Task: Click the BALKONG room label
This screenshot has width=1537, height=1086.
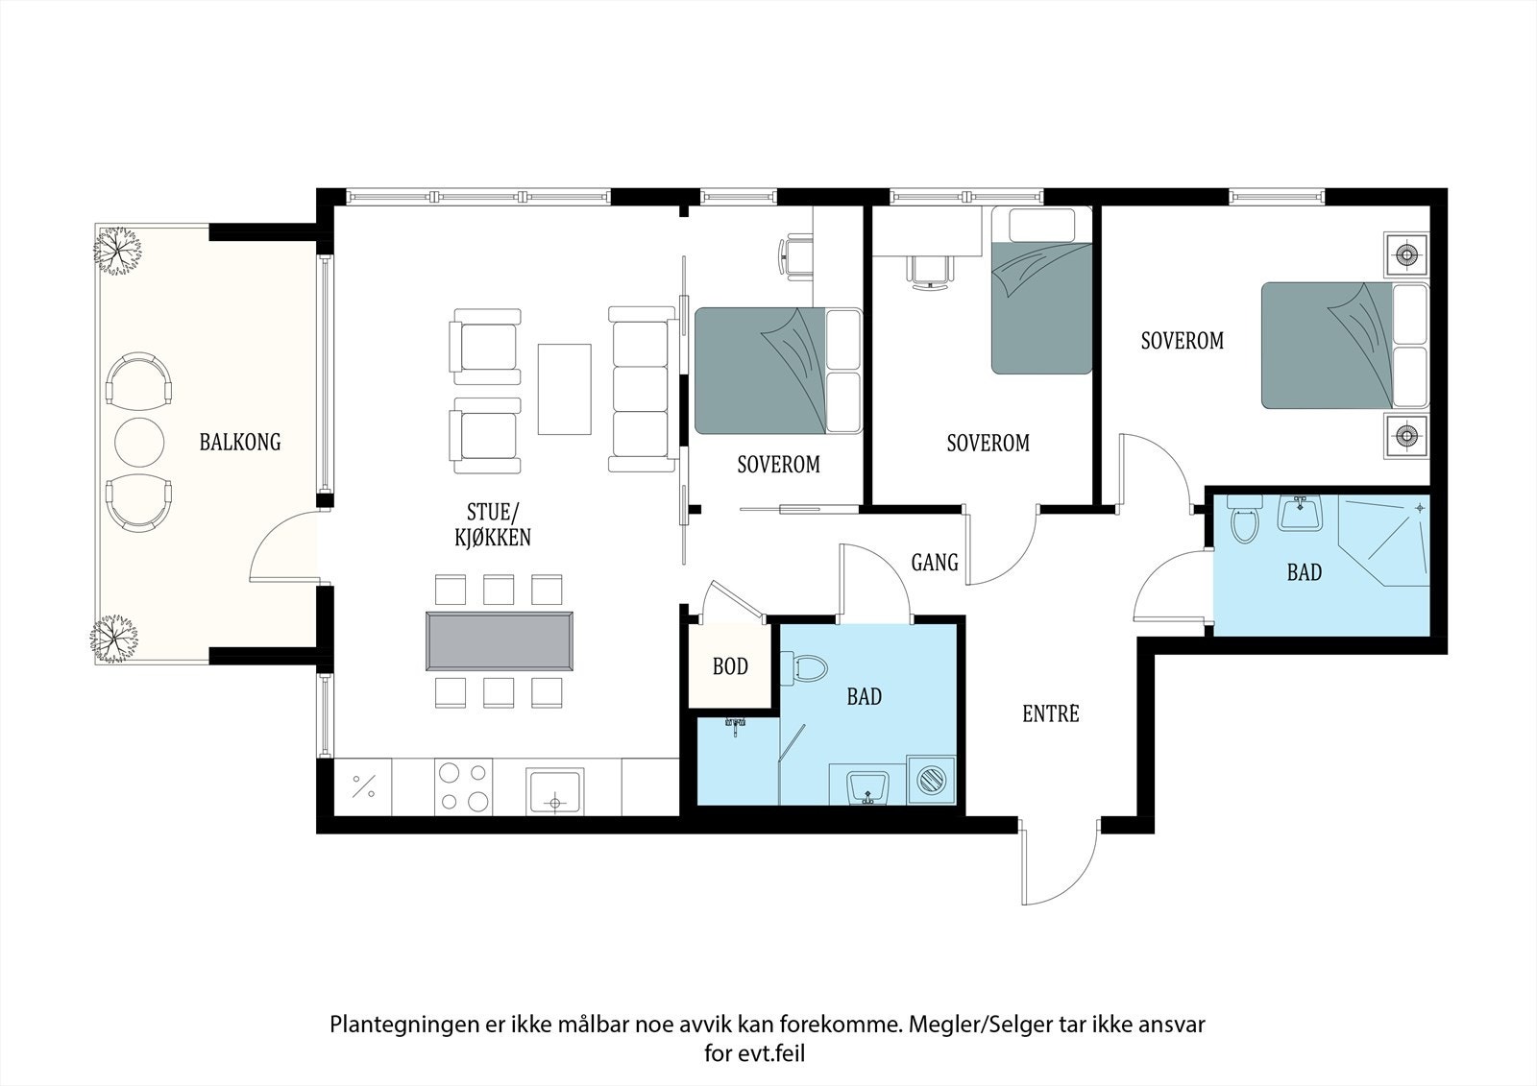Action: point(240,442)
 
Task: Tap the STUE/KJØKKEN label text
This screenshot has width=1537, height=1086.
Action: point(492,523)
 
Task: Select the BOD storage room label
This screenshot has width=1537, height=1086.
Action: point(730,666)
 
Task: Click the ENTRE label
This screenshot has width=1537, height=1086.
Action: point(1050,713)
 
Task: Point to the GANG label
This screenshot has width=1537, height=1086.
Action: point(934,562)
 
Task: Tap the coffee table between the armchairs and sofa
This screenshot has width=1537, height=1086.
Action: point(564,389)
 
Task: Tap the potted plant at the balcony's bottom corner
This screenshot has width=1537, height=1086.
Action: point(115,637)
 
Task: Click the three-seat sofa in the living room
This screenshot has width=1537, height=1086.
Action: point(641,389)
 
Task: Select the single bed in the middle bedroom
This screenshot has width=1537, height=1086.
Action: point(1041,291)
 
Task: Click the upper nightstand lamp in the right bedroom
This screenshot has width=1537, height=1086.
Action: point(1406,254)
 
